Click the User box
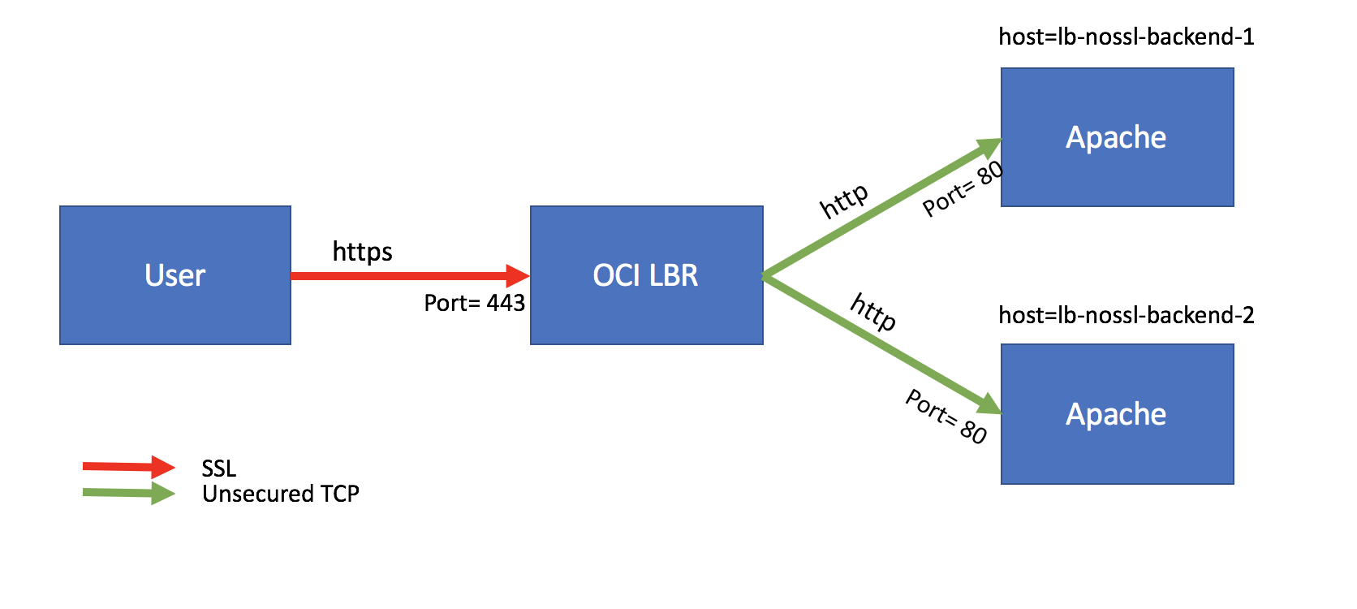pyautogui.click(x=175, y=275)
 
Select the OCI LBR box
pyautogui.click(x=646, y=275)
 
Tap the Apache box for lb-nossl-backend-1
pyautogui.click(x=1117, y=137)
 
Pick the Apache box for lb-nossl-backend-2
pyautogui.click(x=1117, y=414)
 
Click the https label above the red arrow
pyautogui.click(x=362, y=252)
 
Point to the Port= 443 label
pyautogui.click(x=474, y=303)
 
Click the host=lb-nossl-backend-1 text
pyautogui.click(x=1126, y=37)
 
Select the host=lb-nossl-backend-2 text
pyautogui.click(x=1126, y=315)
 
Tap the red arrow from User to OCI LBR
pyautogui.click(x=398, y=276)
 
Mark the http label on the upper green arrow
pyautogui.click(x=844, y=201)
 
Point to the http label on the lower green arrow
pyautogui.click(x=873, y=312)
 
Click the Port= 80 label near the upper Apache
pyautogui.click(x=963, y=189)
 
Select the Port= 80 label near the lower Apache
pyautogui.click(x=946, y=417)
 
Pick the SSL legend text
pyautogui.click(x=219, y=469)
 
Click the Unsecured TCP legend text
pyautogui.click(x=280, y=494)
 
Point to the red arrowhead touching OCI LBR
pyautogui.click(x=517, y=276)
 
